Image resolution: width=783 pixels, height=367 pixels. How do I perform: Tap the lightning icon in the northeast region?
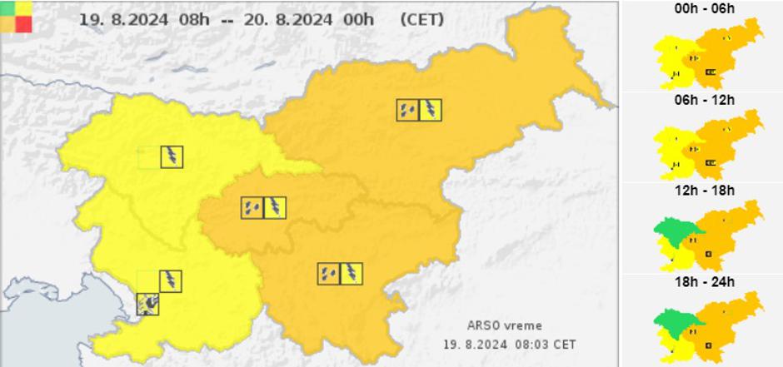431,110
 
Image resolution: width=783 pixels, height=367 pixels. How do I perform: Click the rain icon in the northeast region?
408,110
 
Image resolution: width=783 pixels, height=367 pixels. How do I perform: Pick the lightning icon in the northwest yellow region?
172,156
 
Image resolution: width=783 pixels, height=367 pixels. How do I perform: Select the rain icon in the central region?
252,207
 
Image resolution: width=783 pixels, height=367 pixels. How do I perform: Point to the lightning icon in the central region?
275,207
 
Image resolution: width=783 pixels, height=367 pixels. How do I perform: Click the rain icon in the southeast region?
328,274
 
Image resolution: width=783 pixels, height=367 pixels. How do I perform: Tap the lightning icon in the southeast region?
352,274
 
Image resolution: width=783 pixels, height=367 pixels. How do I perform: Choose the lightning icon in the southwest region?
171,281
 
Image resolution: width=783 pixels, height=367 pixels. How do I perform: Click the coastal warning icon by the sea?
147,304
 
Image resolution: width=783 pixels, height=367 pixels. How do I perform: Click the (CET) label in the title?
421,19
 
